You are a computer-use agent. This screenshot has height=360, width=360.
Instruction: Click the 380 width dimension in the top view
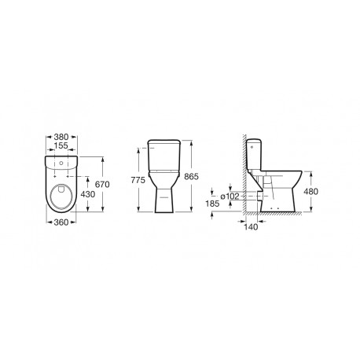(60, 134)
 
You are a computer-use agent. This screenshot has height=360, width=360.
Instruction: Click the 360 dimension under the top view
(60, 233)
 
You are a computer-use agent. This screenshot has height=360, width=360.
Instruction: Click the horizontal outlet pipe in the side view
(256, 195)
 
